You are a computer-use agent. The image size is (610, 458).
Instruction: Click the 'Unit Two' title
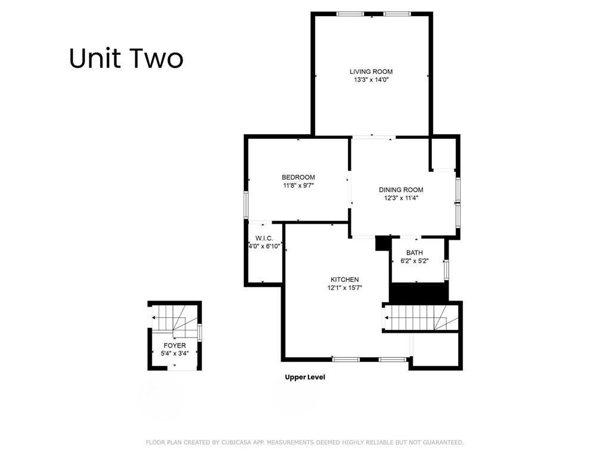(x=126, y=58)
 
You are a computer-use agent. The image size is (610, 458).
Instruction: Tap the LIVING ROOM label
(x=371, y=72)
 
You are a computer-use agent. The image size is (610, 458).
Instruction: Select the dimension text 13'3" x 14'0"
(x=371, y=79)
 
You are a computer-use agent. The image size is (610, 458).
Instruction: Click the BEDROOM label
(x=298, y=177)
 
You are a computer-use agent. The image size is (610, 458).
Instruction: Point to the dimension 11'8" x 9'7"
(x=298, y=185)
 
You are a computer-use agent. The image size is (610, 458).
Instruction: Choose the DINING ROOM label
(x=401, y=190)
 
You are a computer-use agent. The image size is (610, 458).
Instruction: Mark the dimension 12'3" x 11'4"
(x=401, y=199)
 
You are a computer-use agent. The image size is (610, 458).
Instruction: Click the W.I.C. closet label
(x=264, y=238)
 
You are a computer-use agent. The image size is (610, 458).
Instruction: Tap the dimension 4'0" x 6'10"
(x=264, y=246)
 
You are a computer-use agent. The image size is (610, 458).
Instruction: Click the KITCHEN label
(x=344, y=280)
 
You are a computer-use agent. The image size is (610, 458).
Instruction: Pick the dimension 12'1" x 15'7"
(x=344, y=288)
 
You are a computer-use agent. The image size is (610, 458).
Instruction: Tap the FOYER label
(x=175, y=345)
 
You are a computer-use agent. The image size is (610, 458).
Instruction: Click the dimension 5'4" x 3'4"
(x=175, y=354)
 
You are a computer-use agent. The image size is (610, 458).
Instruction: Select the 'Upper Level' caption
(x=304, y=377)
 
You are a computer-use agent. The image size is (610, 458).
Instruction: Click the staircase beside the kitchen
(x=417, y=316)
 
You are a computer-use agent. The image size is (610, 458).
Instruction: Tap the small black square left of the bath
(x=381, y=243)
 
